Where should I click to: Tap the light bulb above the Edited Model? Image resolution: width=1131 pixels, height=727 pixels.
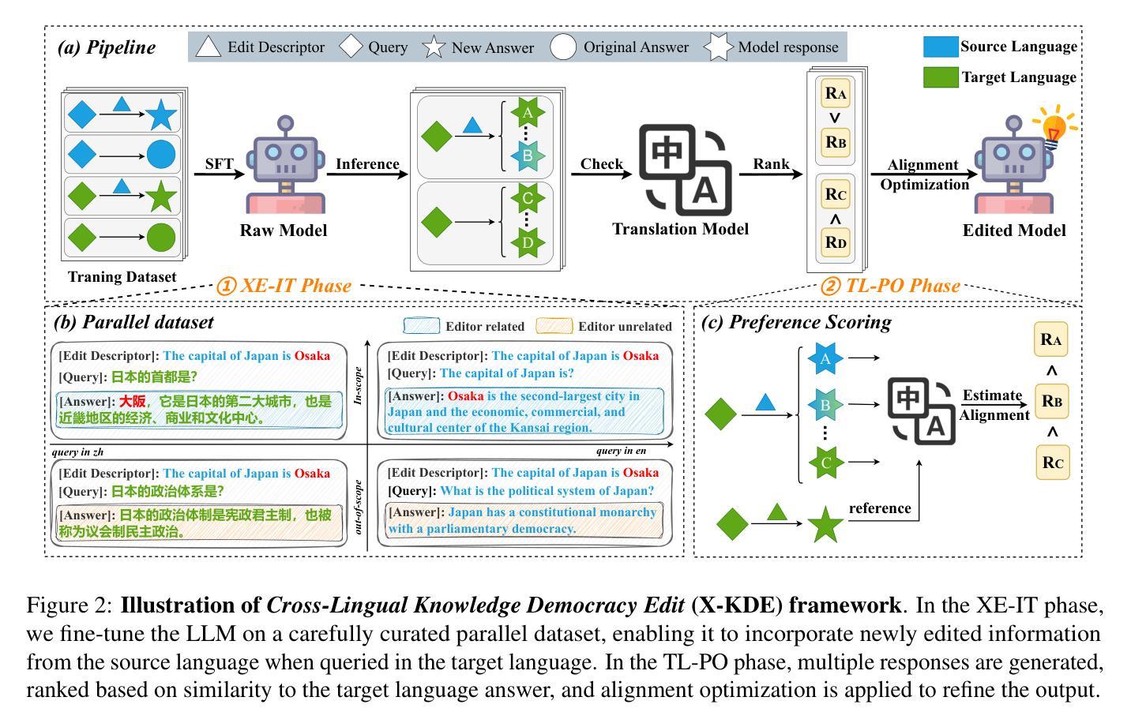1054,128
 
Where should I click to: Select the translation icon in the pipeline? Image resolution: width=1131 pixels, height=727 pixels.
686,170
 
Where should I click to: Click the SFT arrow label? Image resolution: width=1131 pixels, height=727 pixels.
219,163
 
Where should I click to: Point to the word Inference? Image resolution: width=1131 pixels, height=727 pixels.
367,164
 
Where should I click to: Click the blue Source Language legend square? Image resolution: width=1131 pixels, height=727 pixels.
941,47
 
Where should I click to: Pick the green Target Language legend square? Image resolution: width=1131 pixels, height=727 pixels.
941,77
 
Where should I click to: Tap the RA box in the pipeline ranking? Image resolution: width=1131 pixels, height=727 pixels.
836,93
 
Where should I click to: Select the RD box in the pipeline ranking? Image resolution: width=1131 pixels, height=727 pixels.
836,242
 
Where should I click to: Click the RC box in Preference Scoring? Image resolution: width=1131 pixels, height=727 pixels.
1052,462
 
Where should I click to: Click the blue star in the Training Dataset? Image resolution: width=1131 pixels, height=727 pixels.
161,115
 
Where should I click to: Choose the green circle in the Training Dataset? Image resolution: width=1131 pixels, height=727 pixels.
161,237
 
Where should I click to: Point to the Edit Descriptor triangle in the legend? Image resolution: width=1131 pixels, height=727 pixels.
208,47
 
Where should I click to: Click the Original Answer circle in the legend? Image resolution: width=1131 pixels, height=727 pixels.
563,47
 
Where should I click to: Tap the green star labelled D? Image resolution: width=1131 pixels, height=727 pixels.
528,242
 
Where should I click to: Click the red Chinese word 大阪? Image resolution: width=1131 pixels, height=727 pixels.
132,402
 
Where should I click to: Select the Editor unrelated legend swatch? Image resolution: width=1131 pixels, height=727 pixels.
554,326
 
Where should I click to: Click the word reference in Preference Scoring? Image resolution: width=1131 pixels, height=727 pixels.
880,508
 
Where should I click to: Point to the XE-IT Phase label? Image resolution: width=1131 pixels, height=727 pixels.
284,286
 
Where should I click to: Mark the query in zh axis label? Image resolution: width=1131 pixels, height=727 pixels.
77,452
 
